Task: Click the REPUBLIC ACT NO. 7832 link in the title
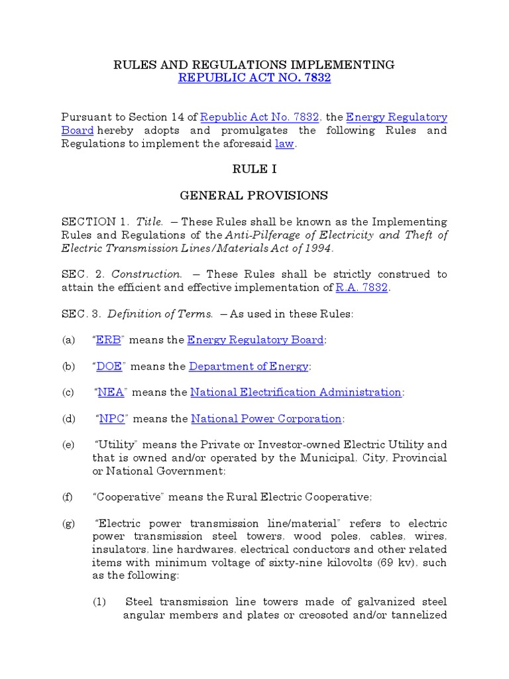click(254, 78)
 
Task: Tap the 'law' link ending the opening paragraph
click(284, 144)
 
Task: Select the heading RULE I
click(254, 169)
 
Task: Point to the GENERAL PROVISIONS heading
click(254, 195)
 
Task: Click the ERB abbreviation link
click(108, 339)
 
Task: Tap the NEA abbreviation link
click(110, 392)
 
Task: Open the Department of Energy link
click(249, 366)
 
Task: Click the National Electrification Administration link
click(296, 392)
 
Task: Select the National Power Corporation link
click(266, 418)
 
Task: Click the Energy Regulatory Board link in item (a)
click(255, 339)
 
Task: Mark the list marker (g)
click(68, 523)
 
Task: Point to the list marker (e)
click(68, 444)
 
